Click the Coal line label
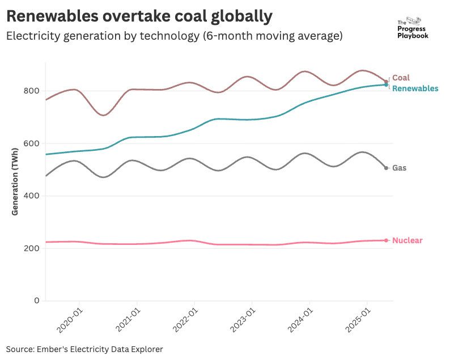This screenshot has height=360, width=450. click(401, 78)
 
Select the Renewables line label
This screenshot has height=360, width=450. click(415, 89)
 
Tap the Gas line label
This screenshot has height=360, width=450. click(399, 168)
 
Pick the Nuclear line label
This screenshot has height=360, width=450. click(407, 240)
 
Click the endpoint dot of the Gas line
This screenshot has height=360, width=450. click(386, 168)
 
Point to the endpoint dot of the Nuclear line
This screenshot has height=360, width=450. click(386, 240)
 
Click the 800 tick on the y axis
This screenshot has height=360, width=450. click(32, 91)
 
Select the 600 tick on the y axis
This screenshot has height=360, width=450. click(32, 143)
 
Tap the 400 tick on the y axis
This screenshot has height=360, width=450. click(32, 196)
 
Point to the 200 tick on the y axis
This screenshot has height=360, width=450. click(32, 248)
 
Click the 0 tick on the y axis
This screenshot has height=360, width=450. click(36, 300)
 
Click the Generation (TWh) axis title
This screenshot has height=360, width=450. click(15, 181)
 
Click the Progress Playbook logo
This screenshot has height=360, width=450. click(413, 27)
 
